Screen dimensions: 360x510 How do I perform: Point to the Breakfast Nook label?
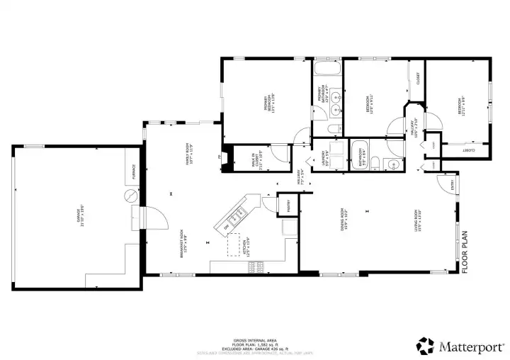[183, 242]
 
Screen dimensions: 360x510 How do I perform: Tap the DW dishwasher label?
[227, 225]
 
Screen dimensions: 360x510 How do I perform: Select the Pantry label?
[288, 206]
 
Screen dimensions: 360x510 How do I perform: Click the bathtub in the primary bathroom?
[327, 71]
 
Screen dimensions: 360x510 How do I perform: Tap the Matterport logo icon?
[426, 346]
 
